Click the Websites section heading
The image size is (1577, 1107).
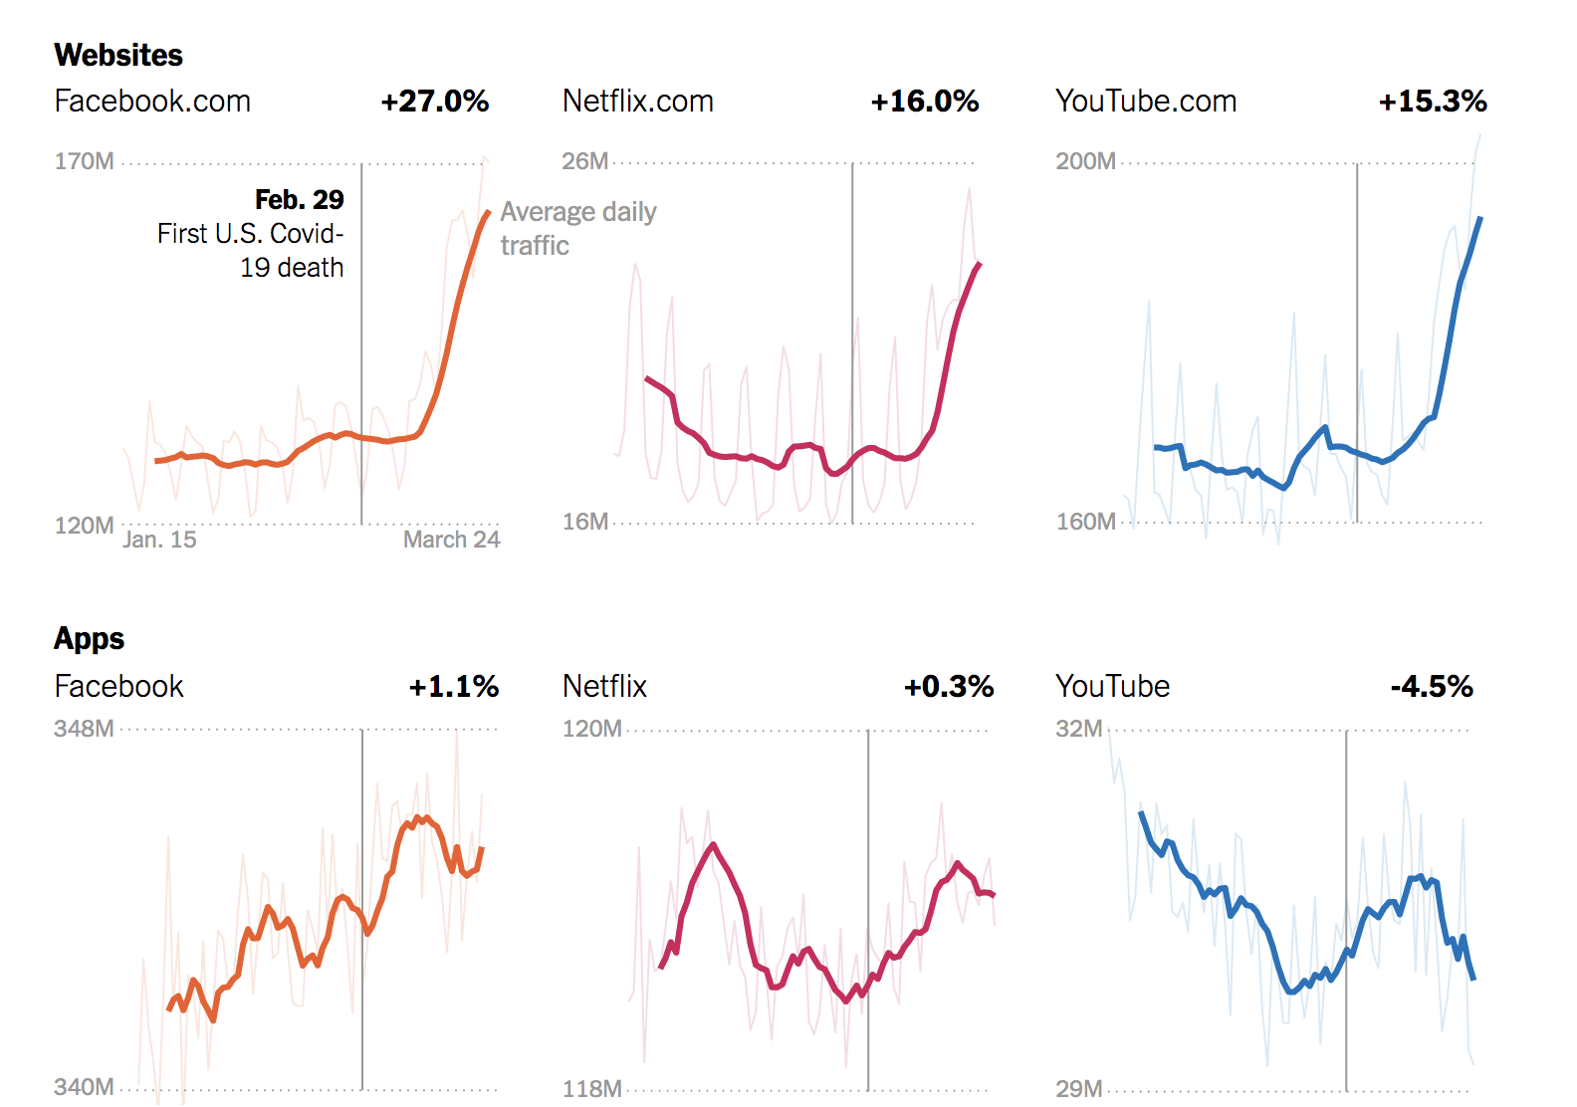pos(118,55)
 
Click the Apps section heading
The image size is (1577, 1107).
pos(90,638)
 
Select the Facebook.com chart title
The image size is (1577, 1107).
pos(152,102)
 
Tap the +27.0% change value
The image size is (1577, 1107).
pos(435,102)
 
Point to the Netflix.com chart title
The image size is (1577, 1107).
pos(638,102)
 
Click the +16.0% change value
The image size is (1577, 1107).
pos(925,102)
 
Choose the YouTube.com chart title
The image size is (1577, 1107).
pos(1146,102)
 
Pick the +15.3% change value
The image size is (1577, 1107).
pos(1433,102)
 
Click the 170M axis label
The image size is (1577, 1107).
pos(85,161)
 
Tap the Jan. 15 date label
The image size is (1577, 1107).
pos(159,540)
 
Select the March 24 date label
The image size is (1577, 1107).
pos(451,540)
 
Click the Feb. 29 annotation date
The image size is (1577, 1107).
pos(299,200)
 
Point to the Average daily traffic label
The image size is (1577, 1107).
pos(577,229)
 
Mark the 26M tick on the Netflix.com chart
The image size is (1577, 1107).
pos(585,161)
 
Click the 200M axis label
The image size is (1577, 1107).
pos(1085,161)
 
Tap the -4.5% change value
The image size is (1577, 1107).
pos(1432,687)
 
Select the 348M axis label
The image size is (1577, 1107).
pos(85,729)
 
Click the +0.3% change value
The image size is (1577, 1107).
pos(949,687)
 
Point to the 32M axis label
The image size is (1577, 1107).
pos(1079,729)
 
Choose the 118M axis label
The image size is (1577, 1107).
pos(592,1089)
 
